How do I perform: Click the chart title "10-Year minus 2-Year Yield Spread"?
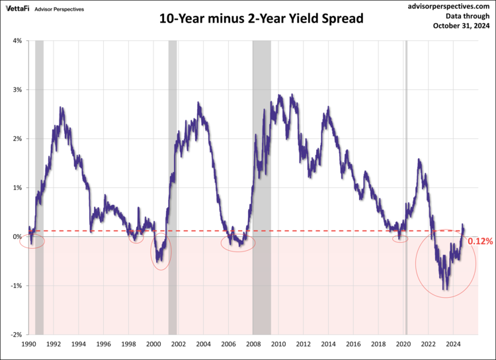pos(261,19)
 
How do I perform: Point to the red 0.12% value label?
pos(480,242)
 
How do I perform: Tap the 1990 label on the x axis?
pos(28,344)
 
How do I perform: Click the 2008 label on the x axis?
pos(253,344)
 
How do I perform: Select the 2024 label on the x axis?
pos(453,344)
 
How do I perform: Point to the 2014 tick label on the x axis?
pos(328,344)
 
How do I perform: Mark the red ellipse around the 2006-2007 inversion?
pos(237,243)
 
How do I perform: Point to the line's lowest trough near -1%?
pos(445,289)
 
